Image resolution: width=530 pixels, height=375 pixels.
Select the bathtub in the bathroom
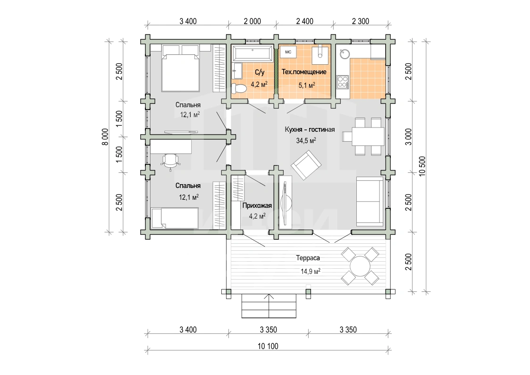pyautogui.click(x=253, y=53)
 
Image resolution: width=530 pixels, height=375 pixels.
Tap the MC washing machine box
pyautogui.click(x=288, y=52)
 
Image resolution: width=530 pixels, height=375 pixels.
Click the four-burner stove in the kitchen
pyautogui.click(x=343, y=82)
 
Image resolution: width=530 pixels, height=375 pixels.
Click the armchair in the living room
pyautogui.click(x=306, y=165)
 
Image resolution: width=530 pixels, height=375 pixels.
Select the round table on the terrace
pyautogui.click(x=360, y=266)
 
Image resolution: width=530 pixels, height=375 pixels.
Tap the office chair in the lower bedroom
pyautogui.click(x=171, y=161)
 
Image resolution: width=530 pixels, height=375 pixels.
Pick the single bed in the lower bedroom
pyautogui.click(x=175, y=218)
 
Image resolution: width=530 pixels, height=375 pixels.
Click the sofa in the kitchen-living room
pyautogui.click(x=370, y=201)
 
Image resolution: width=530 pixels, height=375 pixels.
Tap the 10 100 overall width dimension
pyautogui.click(x=268, y=346)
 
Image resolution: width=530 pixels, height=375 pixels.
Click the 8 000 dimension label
pyautogui.click(x=106, y=136)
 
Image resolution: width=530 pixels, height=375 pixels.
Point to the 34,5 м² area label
pyautogui.click(x=306, y=140)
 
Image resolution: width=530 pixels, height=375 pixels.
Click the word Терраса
pyautogui.click(x=308, y=258)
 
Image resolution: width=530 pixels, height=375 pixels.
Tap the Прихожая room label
pyautogui.click(x=257, y=205)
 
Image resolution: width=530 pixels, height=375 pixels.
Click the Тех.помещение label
pyautogui.click(x=304, y=72)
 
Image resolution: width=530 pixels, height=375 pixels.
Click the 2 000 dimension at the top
pyautogui.click(x=252, y=21)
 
